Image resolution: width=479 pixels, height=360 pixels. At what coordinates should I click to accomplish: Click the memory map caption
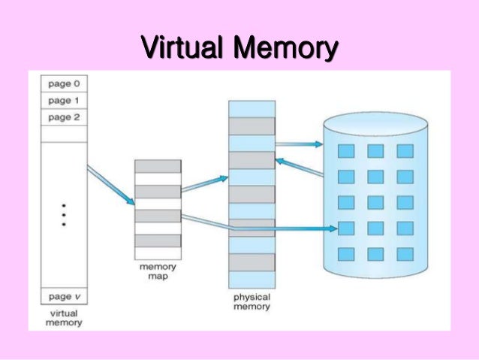pyautogui.click(x=158, y=271)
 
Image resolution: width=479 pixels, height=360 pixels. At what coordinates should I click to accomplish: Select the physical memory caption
pyautogui.click(x=252, y=302)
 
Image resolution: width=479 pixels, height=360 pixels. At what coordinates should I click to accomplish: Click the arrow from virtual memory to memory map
pyautogui.click(x=110, y=185)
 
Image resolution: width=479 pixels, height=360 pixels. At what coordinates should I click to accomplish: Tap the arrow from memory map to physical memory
pyautogui.click(x=203, y=184)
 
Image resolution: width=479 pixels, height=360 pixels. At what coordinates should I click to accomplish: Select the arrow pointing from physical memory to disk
pyautogui.click(x=298, y=144)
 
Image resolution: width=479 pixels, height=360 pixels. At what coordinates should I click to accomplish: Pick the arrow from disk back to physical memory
pyautogui.click(x=299, y=168)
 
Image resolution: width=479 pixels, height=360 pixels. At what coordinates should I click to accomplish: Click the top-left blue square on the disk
pyautogui.click(x=345, y=151)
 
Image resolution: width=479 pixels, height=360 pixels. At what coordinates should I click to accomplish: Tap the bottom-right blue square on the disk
pyautogui.click(x=405, y=254)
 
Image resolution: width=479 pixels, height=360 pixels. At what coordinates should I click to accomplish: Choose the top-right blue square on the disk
pyautogui.click(x=405, y=151)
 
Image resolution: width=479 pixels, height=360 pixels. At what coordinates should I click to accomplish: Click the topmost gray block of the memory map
pyautogui.click(x=158, y=166)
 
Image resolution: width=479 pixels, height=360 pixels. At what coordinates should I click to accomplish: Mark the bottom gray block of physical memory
pyautogui.click(x=252, y=262)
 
